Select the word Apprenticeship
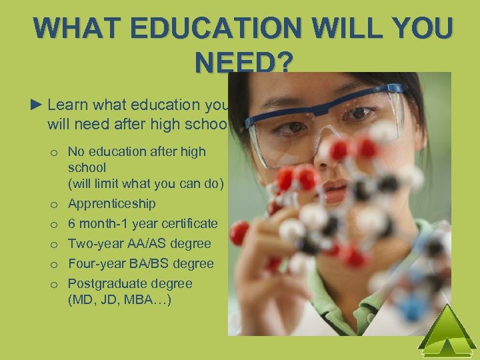click(x=111, y=203)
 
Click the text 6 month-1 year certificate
click(x=143, y=223)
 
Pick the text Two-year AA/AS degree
click(x=139, y=243)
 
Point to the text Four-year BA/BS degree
click(x=141, y=263)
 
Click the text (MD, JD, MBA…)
click(x=119, y=300)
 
